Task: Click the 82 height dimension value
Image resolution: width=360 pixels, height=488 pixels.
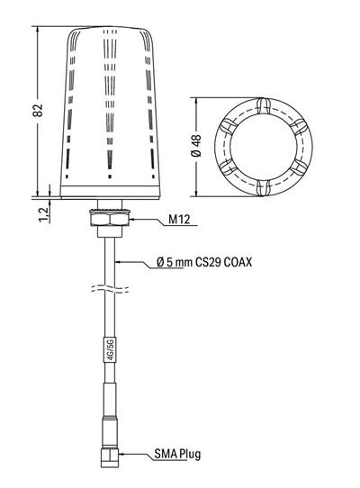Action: click(x=38, y=110)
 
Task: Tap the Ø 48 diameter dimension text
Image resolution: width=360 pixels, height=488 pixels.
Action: click(x=196, y=146)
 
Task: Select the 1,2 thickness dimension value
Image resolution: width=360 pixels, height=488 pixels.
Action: click(x=44, y=214)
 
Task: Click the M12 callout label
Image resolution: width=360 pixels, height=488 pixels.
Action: click(x=179, y=220)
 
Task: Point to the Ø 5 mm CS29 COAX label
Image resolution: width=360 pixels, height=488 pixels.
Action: click(x=204, y=262)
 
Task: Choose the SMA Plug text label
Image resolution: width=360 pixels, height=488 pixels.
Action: click(x=177, y=454)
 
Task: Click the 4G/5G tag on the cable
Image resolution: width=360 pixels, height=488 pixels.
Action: click(x=110, y=349)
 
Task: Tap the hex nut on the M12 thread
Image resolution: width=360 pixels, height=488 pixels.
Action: click(x=109, y=218)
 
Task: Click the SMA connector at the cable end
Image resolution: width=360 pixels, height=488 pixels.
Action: click(x=110, y=456)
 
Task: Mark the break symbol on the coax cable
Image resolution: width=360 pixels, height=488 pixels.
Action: click(x=110, y=289)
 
